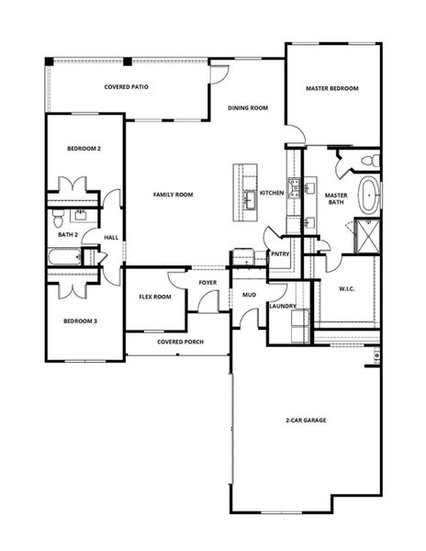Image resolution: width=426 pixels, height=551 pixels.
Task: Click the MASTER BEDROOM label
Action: click(331, 88)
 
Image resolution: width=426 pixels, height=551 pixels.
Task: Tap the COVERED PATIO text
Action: click(127, 87)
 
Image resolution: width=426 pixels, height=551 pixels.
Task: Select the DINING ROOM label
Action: click(248, 107)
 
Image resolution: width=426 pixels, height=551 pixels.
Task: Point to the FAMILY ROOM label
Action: click(173, 195)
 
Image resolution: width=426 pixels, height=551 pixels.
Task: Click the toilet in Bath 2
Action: click(58, 219)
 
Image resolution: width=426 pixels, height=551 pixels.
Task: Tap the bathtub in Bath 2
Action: click(62, 261)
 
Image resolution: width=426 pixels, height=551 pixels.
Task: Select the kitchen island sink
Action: click(248, 197)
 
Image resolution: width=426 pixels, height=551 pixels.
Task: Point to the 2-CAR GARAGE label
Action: click(306, 420)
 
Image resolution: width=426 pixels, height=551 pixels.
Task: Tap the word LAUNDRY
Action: click(281, 306)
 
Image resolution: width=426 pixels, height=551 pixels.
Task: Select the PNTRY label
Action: click(280, 254)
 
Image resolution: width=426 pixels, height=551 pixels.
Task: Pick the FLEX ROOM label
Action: click(155, 297)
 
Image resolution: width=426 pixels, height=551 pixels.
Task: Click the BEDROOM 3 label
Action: click(81, 320)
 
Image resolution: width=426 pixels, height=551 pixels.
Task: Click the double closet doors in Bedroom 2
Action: click(73, 183)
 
